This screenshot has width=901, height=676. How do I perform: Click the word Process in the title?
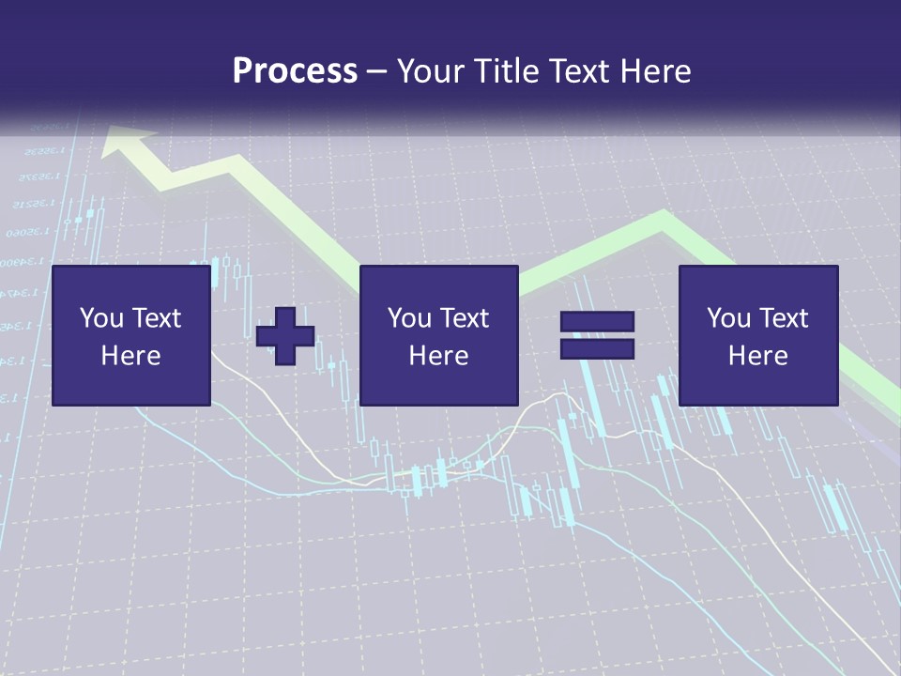[x=295, y=71]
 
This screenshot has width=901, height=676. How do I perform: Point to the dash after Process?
[x=377, y=71]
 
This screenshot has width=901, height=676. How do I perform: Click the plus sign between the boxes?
[x=285, y=335]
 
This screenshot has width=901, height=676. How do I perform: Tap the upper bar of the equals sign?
[x=597, y=321]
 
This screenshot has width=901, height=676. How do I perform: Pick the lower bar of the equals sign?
[x=597, y=348]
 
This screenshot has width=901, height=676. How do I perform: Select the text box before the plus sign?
[x=130, y=335]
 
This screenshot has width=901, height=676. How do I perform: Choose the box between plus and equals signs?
[x=438, y=335]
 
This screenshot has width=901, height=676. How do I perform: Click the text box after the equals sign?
[x=757, y=335]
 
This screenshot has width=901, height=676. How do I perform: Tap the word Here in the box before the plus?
[x=130, y=355]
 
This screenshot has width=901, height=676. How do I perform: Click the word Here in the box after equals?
[x=757, y=355]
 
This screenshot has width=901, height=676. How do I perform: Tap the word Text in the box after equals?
[x=783, y=317]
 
